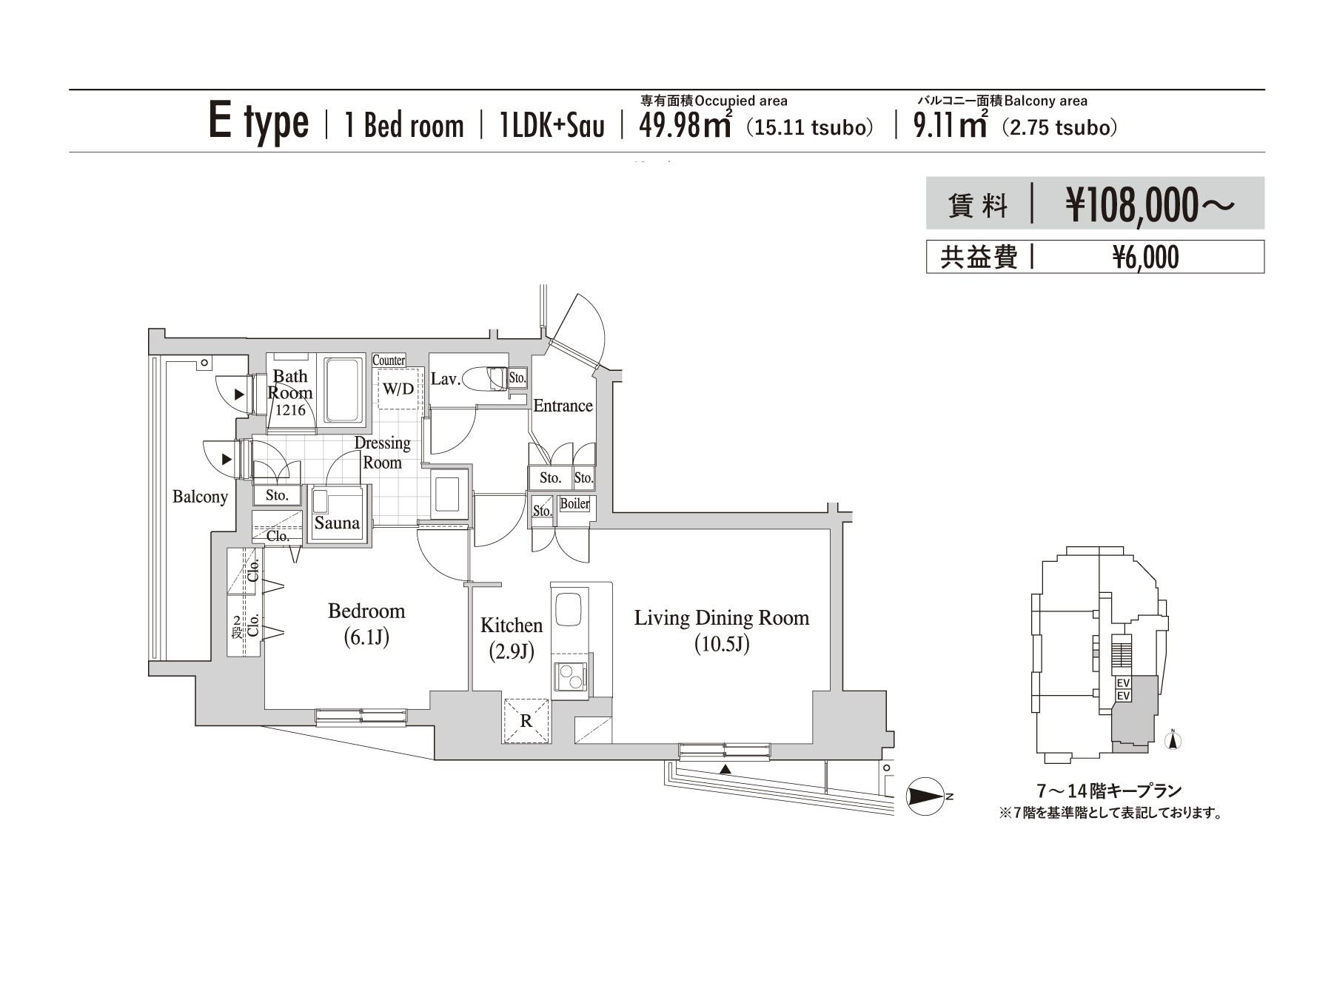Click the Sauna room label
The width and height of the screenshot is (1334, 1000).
point(337,523)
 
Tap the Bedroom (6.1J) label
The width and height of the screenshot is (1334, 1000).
point(366,623)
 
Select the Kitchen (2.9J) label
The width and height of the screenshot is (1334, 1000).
point(512,637)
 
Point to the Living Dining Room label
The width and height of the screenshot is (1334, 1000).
point(722,618)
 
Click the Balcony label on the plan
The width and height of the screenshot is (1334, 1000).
point(200,497)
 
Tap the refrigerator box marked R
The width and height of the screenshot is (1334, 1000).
point(526,720)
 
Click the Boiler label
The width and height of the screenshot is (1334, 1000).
point(574,504)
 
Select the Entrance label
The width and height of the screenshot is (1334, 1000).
point(563,406)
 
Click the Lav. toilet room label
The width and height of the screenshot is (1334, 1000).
point(446,379)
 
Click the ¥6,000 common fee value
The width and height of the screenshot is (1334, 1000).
point(1146,258)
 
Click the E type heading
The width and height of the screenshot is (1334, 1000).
point(258,123)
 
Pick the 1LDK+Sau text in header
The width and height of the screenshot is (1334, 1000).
point(552,126)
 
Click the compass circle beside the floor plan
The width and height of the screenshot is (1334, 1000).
point(927,796)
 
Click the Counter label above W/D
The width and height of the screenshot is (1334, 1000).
point(389,360)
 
